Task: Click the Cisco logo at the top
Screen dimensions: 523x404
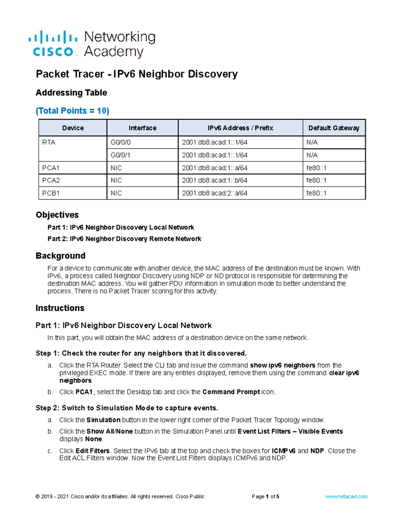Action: [92, 44]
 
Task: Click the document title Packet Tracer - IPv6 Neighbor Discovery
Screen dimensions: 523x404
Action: [137, 74]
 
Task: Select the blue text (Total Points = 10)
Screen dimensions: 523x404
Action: [72, 111]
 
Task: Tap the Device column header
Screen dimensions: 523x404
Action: [73, 128]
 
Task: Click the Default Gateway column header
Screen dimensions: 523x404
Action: [334, 128]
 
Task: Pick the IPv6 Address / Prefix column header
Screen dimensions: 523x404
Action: [240, 128]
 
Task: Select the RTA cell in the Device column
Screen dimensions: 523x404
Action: [49, 142]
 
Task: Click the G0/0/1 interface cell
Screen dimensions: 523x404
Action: [121, 155]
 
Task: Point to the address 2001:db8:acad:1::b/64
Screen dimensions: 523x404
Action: [214, 181]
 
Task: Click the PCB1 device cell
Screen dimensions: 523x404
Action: [51, 193]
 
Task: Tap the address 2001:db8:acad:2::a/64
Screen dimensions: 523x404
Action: [214, 193]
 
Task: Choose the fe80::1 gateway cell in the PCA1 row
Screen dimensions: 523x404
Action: [316, 168]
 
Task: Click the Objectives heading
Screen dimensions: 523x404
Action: [57, 215]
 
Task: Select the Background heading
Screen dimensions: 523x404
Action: [61, 256]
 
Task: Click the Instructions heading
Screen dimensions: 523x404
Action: [60, 308]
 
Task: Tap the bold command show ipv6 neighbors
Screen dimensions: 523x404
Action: [282, 365]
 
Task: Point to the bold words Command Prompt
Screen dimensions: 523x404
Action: [231, 392]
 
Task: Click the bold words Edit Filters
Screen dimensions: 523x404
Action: [93, 451]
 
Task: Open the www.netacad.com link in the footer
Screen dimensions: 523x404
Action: [346, 496]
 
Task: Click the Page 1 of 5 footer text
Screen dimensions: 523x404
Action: [265, 496]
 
